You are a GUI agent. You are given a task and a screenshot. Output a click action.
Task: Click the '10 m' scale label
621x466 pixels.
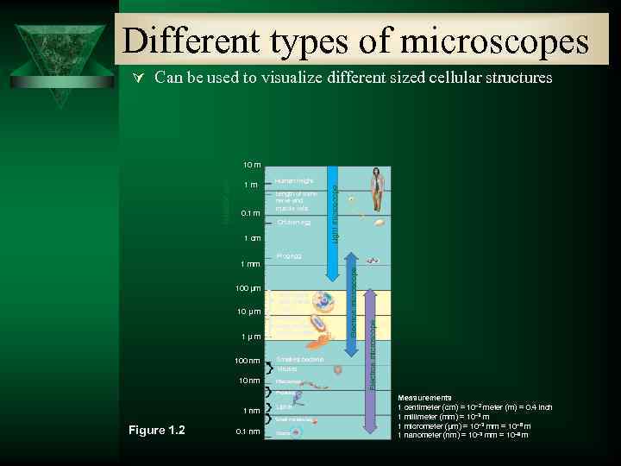point(251,164)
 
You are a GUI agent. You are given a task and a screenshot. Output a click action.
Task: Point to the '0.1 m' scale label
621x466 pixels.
point(250,213)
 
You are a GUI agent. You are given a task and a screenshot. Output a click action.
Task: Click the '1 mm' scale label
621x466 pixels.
point(250,263)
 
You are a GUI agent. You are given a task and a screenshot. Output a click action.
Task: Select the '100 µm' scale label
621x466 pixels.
point(248,287)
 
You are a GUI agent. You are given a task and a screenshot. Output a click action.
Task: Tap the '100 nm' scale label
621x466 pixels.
point(248,360)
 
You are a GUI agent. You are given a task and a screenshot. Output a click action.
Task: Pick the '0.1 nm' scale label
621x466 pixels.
point(248,431)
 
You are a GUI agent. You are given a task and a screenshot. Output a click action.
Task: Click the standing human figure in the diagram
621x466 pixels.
point(376,190)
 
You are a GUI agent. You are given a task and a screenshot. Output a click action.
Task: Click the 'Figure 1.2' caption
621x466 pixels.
point(156,430)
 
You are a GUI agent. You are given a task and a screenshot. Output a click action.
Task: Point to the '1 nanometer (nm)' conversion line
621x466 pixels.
point(462,435)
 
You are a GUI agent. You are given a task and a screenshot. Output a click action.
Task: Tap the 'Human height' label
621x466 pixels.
point(293,181)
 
